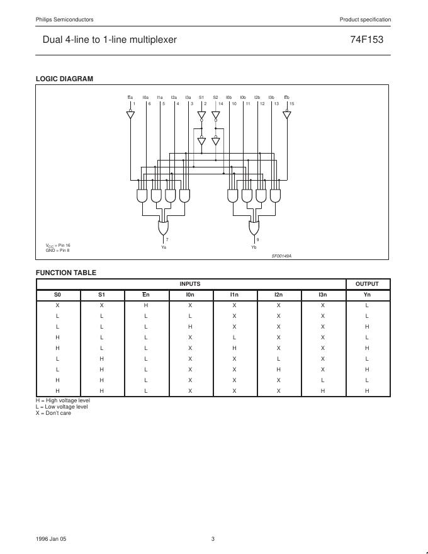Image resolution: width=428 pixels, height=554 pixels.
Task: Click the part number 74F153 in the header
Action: click(x=366, y=40)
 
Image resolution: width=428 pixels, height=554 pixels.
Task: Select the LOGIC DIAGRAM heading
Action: click(x=64, y=79)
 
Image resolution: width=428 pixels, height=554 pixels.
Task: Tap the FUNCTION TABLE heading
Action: click(x=66, y=273)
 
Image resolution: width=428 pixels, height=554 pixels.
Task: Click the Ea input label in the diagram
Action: click(x=130, y=98)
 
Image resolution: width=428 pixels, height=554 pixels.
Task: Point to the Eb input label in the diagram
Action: click(x=287, y=98)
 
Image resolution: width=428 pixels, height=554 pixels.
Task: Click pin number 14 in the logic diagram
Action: click(x=220, y=103)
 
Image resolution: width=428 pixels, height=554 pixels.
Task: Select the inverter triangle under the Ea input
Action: click(x=130, y=115)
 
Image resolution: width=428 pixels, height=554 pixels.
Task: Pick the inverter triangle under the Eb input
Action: click(x=287, y=115)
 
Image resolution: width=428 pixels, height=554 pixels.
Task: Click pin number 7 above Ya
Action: click(x=167, y=240)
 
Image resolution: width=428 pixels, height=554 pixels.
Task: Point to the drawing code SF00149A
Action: click(x=281, y=256)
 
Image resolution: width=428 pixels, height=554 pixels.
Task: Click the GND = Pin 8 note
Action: click(x=57, y=250)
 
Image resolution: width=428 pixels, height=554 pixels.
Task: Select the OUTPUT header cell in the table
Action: click(x=368, y=284)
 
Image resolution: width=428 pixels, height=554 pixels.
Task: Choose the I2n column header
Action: click(x=278, y=294)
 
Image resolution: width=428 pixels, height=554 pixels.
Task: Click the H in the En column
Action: click(x=145, y=305)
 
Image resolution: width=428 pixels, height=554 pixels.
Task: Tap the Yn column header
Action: click(x=368, y=294)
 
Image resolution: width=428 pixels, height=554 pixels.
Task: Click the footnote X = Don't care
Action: click(x=53, y=413)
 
